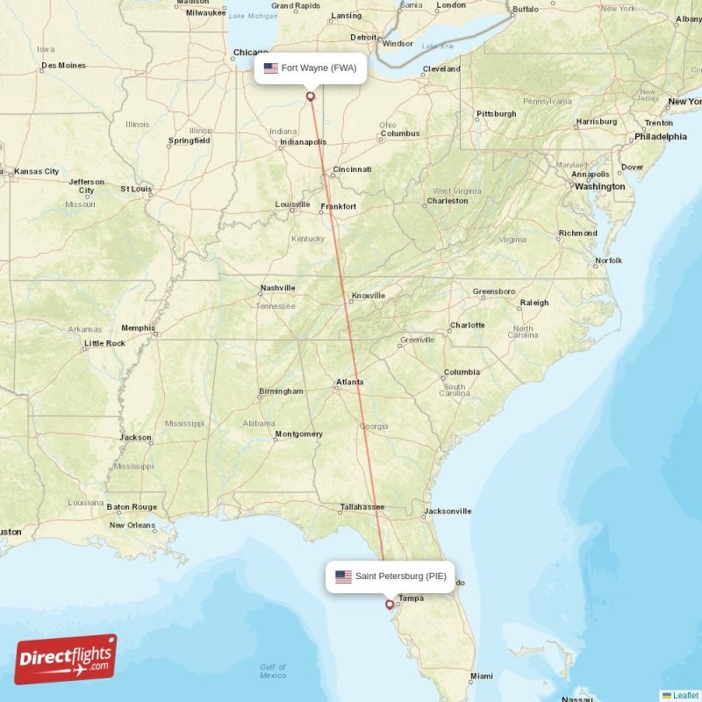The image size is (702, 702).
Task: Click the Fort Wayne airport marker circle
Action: pyautogui.click(x=310, y=97)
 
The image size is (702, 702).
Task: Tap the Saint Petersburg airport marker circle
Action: pyautogui.click(x=390, y=604)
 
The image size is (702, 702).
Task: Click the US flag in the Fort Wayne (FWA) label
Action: pyautogui.click(x=270, y=68)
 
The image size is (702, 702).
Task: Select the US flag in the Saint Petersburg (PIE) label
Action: pyautogui.click(x=343, y=577)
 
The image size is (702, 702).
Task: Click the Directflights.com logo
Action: pyautogui.click(x=65, y=659)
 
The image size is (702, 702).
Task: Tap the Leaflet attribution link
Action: pyautogui.click(x=685, y=695)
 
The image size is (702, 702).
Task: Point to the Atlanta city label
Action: pyautogui.click(x=350, y=382)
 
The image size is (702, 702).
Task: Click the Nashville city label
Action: pyautogui.click(x=277, y=288)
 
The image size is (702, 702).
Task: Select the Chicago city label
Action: pyautogui.click(x=251, y=53)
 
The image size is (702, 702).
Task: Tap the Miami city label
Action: pyautogui.click(x=481, y=676)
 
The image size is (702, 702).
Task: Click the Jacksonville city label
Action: pyautogui.click(x=448, y=511)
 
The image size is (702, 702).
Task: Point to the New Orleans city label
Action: pyautogui.click(x=133, y=526)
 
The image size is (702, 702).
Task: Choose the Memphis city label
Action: pyautogui.click(x=138, y=328)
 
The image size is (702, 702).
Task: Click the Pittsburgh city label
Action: pyautogui.click(x=496, y=114)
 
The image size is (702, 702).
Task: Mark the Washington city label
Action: pyautogui.click(x=600, y=186)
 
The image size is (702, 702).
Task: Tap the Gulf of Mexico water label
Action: pyautogui.click(x=273, y=671)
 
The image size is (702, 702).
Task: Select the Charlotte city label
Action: pyautogui.click(x=467, y=325)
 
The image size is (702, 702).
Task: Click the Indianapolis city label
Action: pyautogui.click(x=303, y=141)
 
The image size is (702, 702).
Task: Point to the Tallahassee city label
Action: pyautogui.click(x=362, y=506)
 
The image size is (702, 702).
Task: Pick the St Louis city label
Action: pyautogui.click(x=136, y=189)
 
